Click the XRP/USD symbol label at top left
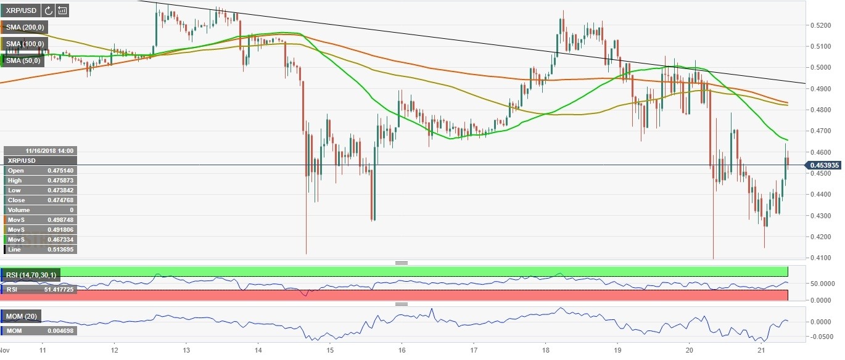(x=20, y=10)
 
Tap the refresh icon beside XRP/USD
(x=47, y=10)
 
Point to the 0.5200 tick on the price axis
(x=822, y=25)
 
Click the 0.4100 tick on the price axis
(x=822, y=258)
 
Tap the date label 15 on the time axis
(x=330, y=349)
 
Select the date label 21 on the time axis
(x=762, y=349)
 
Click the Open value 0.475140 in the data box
(x=60, y=170)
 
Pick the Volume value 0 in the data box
(x=70, y=210)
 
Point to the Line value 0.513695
(x=60, y=250)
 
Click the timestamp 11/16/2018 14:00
(x=50, y=150)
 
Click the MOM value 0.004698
(x=60, y=332)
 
